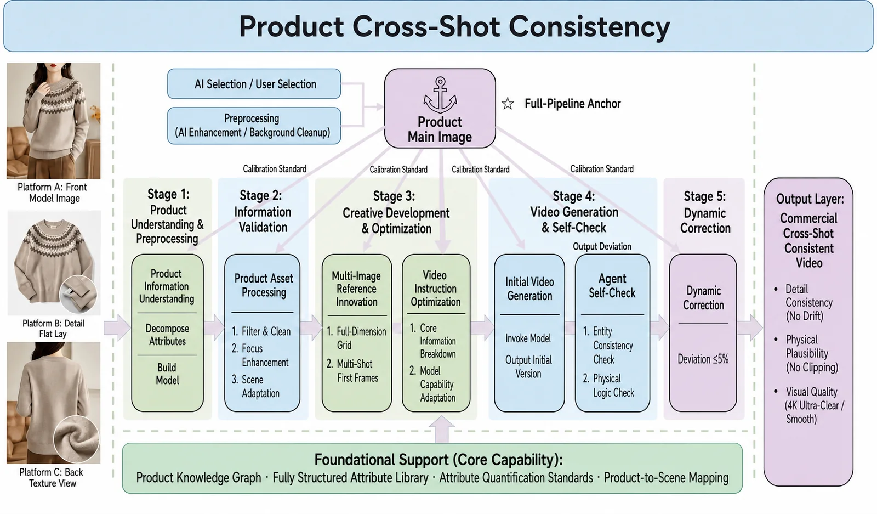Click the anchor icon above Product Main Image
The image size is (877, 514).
point(440,95)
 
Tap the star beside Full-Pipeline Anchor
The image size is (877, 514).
point(508,104)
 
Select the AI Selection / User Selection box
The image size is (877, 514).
point(254,84)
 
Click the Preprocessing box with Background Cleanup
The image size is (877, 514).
point(254,126)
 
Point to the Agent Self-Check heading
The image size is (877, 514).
point(612,286)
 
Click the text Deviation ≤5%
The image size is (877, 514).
point(703,359)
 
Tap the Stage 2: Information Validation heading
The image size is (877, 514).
point(263,212)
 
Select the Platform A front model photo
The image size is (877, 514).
point(54,121)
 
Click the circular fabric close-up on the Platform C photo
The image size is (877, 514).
point(76,438)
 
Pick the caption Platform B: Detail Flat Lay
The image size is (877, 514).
point(53,329)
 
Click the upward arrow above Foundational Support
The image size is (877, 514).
point(442,430)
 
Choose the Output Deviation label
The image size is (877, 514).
point(602,246)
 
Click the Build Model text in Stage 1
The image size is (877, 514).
point(167,374)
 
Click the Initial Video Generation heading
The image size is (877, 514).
point(529,289)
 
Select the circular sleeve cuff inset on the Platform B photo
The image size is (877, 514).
point(78,294)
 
